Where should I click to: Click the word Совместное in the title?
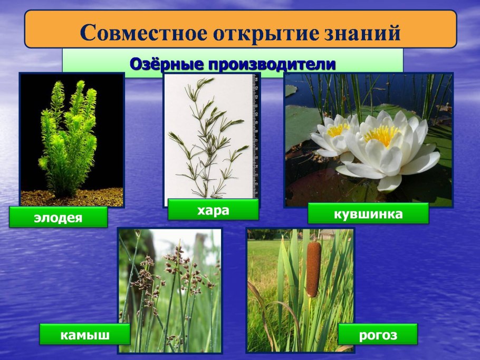tap(143, 33)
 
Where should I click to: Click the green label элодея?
tap(58, 217)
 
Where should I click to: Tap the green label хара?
tap(213, 210)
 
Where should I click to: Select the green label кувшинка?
tap(368, 213)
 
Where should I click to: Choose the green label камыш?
tap(84, 334)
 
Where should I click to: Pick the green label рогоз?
tap(377, 335)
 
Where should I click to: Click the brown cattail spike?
tap(313, 270)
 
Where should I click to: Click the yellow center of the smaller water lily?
tap(338, 129)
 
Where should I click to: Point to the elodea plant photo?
tap(72, 137)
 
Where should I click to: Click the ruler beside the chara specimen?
tap(255, 137)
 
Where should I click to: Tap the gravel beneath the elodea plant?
tap(72, 198)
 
